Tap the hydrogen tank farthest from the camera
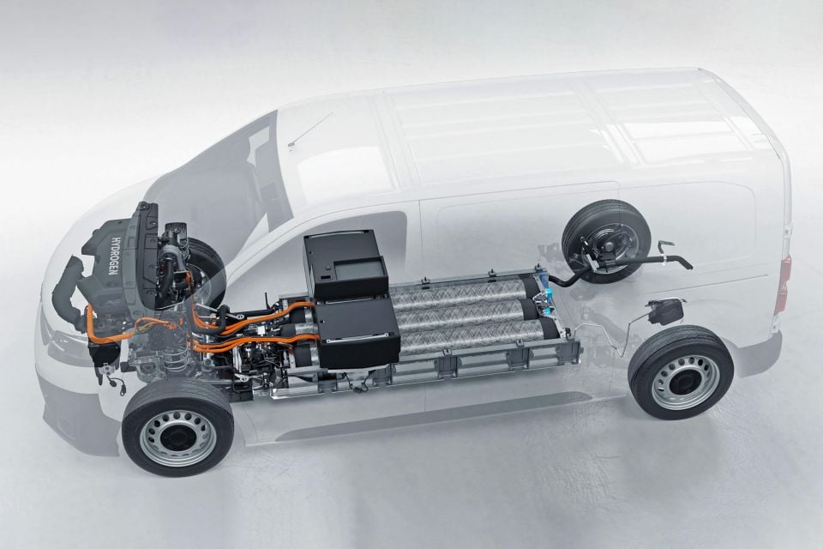click(462, 291)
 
